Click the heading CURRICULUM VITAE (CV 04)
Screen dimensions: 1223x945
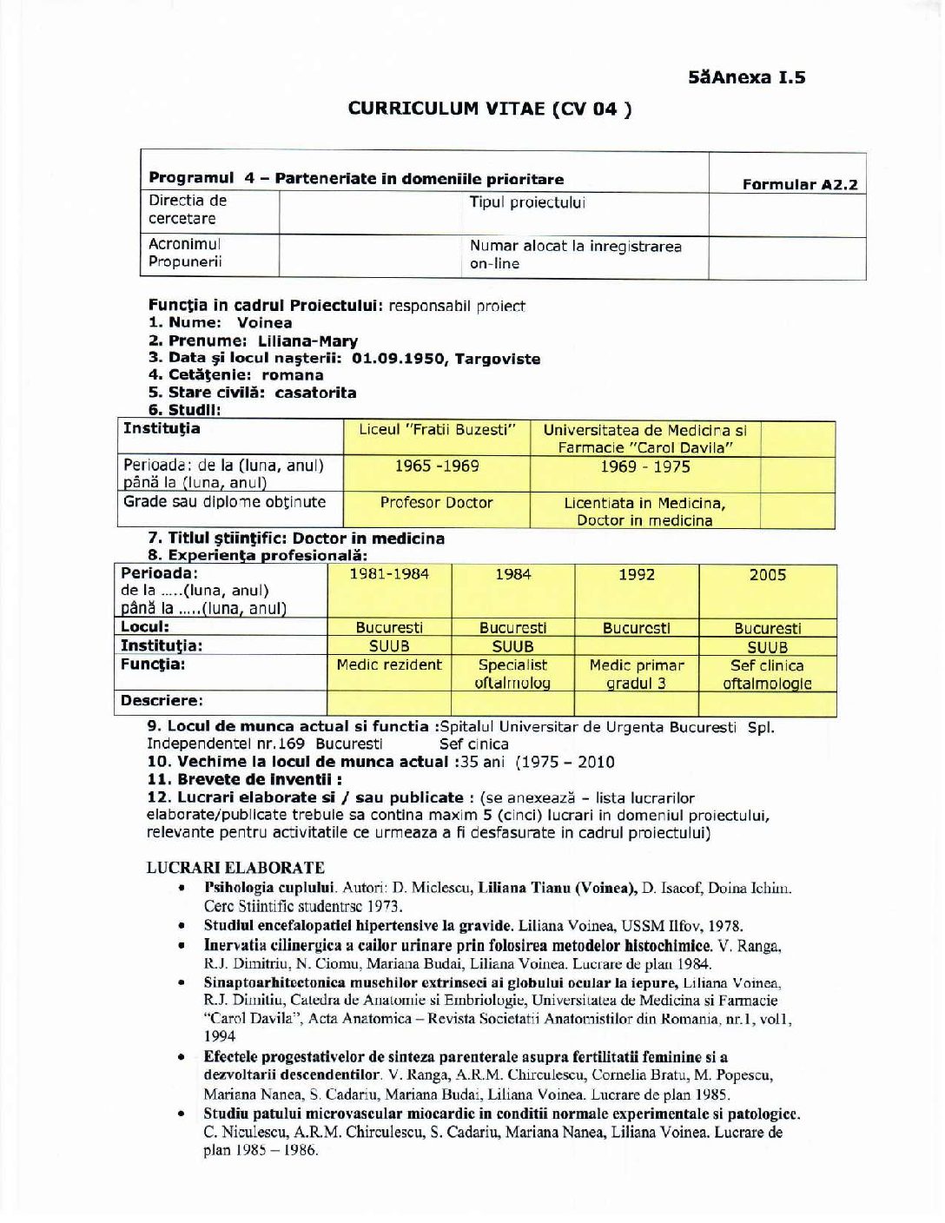489,109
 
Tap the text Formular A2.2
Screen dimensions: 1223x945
799,184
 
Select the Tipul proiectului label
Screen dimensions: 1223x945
527,202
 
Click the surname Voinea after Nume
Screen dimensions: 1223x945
264,322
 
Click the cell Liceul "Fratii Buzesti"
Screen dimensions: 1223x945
437,429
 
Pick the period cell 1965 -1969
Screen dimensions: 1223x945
437,466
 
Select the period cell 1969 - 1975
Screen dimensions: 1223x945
644,466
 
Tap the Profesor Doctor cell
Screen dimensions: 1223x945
436,502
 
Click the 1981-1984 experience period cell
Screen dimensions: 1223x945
389,574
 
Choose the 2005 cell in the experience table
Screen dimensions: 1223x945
767,575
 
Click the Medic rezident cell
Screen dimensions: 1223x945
389,665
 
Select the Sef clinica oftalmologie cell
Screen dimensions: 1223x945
767,674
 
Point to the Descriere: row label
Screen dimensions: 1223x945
162,700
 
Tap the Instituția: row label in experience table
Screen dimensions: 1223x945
161,645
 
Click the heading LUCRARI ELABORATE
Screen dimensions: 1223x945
235,867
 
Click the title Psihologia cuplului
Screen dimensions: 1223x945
269,888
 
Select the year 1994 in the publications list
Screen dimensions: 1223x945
220,1036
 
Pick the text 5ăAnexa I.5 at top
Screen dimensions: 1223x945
746,77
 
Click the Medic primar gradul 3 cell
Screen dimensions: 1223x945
636,674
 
